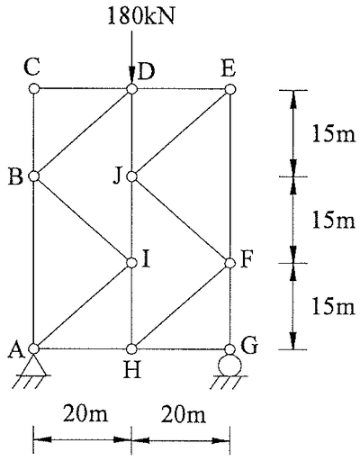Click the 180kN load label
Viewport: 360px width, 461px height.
[x=141, y=16]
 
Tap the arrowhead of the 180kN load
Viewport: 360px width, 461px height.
[x=131, y=75]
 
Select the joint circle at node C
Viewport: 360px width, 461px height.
[x=34, y=89]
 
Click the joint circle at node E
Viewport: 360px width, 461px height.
[x=230, y=89]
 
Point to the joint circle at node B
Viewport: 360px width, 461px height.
[x=34, y=176]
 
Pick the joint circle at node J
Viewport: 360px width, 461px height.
[x=131, y=176]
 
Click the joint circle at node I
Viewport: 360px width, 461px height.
[x=131, y=263]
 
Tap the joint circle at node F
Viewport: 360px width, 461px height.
[x=230, y=263]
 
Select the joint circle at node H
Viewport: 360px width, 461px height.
[x=131, y=348]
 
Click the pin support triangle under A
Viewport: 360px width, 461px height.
[x=34, y=365]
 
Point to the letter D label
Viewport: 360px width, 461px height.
[x=146, y=72]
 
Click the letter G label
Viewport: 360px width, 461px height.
[x=249, y=345]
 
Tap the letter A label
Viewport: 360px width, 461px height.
[x=16, y=350]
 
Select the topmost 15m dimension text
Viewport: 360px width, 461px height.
[x=333, y=133]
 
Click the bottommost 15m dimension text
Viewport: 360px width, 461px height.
[x=333, y=306]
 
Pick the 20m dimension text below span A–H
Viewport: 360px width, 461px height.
[x=85, y=413]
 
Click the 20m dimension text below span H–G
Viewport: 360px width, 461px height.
[x=184, y=414]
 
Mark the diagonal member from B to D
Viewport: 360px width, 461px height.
[x=83, y=132]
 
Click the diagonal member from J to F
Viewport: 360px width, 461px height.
[x=181, y=220]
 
